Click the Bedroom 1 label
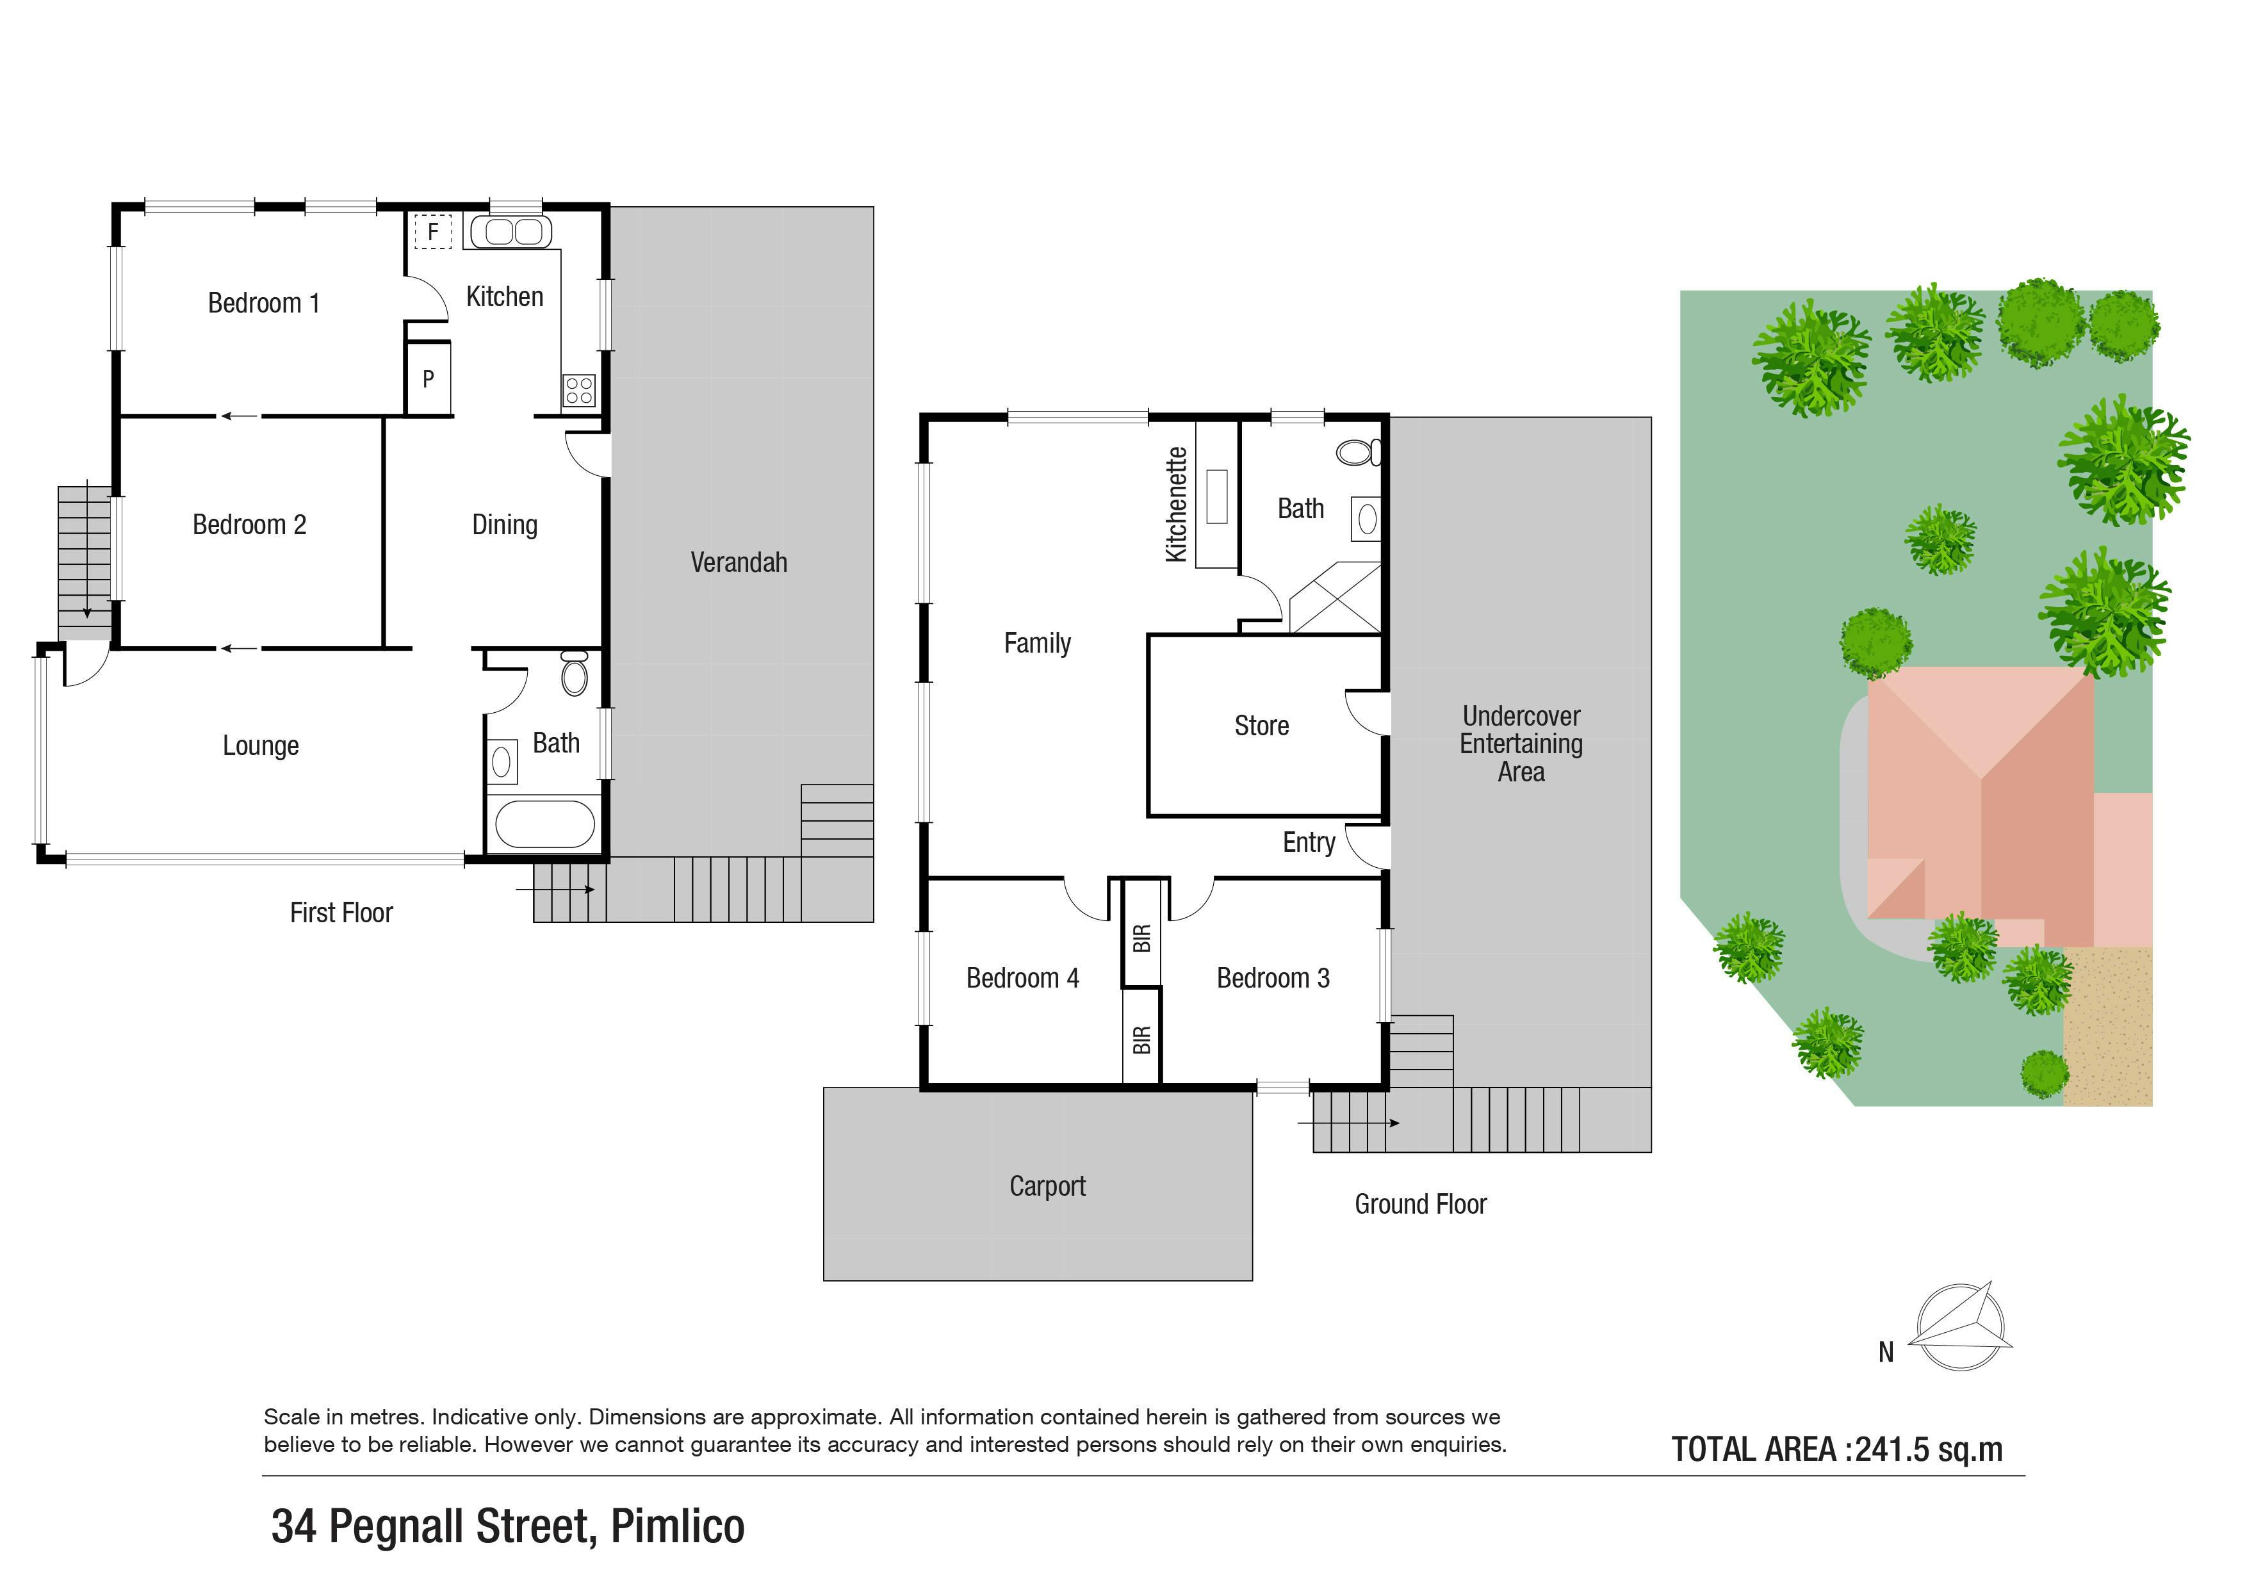263,304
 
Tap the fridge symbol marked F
432,232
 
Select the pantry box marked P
429,378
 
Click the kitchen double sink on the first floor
511,232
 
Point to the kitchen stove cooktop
578,391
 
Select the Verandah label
739,562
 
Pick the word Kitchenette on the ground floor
1177,505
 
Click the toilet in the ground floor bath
1359,452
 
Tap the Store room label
1261,726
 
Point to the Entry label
1309,842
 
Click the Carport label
1047,1187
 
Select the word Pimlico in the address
677,1526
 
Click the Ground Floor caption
1420,1205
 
